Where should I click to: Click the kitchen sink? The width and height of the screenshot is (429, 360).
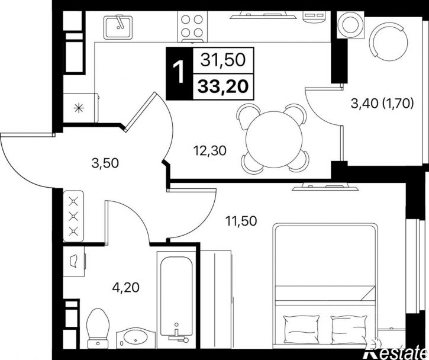(118, 27)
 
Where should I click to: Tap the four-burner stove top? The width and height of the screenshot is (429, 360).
(192, 26)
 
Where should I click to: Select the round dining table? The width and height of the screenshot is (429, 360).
(273, 139)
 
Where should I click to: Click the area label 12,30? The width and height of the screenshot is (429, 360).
(210, 150)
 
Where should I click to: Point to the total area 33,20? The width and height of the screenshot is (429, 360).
(223, 86)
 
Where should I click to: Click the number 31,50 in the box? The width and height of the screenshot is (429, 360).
(223, 60)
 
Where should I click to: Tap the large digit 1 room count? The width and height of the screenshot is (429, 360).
(179, 73)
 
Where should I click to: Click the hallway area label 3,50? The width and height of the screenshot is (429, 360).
(105, 163)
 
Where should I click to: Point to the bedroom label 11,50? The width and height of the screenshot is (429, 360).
(241, 221)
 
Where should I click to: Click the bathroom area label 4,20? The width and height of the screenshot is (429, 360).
(126, 287)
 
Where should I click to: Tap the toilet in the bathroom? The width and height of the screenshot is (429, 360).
(98, 329)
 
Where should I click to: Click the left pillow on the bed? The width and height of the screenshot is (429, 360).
(301, 330)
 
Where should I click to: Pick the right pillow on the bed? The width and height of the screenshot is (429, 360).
(349, 330)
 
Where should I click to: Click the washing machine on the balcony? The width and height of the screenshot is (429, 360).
(350, 25)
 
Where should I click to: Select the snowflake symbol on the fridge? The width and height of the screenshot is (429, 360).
(79, 108)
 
